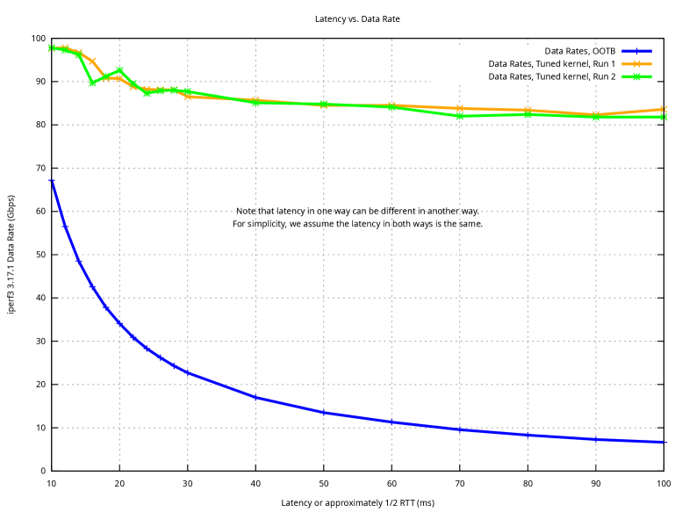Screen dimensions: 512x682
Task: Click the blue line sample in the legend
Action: tap(636, 51)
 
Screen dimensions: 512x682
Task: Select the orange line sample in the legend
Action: tap(636, 64)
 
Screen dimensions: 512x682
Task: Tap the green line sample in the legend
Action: tap(636, 76)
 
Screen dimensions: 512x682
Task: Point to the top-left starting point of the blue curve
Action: tap(52, 181)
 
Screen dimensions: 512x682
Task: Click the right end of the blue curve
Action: tap(665, 442)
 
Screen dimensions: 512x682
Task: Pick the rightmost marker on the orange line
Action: tap(664, 110)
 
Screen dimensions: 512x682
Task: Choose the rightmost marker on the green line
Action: tap(664, 117)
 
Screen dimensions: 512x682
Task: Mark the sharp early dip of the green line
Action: tap(92, 83)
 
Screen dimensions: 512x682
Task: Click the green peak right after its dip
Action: tap(119, 70)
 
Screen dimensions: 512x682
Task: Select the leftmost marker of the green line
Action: tap(52, 48)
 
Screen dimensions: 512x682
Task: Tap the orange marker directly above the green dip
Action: tap(92, 61)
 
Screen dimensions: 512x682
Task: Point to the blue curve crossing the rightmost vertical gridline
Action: tap(596, 438)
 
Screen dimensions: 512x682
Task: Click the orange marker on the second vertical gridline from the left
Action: tap(188, 97)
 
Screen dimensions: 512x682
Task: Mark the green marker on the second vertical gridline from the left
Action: tap(188, 91)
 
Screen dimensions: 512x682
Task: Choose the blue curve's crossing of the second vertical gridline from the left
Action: tap(188, 372)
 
